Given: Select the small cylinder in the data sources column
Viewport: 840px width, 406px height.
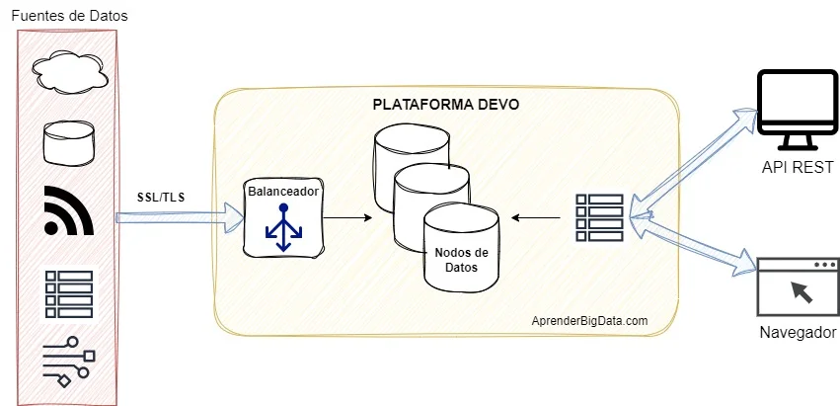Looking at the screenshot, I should point(68,143).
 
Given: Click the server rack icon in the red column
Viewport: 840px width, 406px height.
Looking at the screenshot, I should point(68,292).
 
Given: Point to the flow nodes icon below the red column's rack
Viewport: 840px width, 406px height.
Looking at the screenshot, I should point(68,361).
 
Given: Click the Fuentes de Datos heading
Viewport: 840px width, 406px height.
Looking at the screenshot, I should point(68,16).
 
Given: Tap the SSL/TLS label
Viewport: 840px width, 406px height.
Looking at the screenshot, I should point(161,197).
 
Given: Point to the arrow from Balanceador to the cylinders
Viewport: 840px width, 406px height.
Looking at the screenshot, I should point(345,216).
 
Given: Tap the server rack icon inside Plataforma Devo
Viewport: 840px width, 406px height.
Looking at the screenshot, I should point(599,216).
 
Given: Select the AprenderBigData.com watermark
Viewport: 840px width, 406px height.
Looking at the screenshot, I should point(589,321).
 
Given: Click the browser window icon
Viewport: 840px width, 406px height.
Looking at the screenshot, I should point(797,285).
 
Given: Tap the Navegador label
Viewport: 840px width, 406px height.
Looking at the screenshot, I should point(798,332).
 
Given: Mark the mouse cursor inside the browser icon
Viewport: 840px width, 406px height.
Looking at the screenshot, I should point(802,290).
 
